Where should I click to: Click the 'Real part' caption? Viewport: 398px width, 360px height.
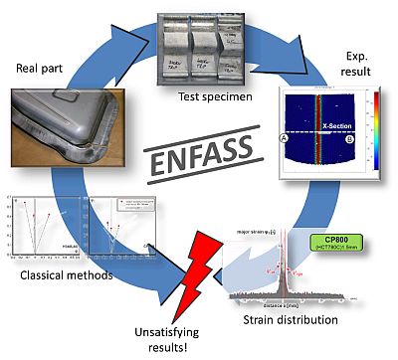click(x=41, y=70)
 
